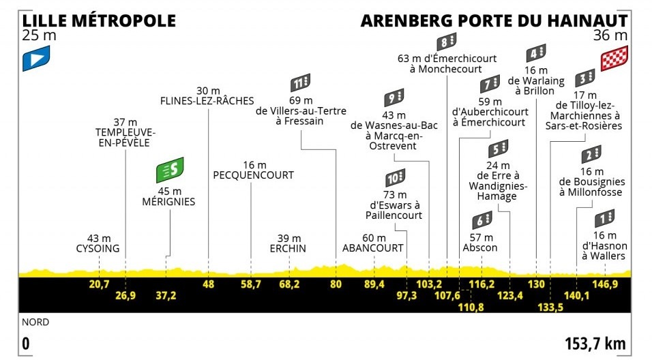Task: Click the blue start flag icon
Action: click(x=36, y=58)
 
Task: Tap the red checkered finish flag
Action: click(x=614, y=58)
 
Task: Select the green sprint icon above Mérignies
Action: click(x=170, y=170)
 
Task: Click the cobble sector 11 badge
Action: click(x=300, y=82)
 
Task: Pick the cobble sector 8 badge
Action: click(x=446, y=42)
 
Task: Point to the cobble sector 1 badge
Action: click(x=604, y=218)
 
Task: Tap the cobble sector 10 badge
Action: click(x=395, y=178)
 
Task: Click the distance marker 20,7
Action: click(x=99, y=284)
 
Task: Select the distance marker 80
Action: click(x=336, y=284)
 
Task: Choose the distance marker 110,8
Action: click(x=471, y=307)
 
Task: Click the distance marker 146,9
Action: click(x=604, y=284)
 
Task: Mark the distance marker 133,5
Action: click(x=550, y=307)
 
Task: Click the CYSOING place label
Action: click(x=98, y=249)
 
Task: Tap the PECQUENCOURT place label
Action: click(x=253, y=175)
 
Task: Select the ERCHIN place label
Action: click(x=288, y=249)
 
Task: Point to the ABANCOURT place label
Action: click(x=372, y=248)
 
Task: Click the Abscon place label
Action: click(x=480, y=247)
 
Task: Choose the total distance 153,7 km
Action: click(x=595, y=344)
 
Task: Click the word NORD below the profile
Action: click(x=35, y=322)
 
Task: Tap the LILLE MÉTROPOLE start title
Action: click(x=99, y=20)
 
